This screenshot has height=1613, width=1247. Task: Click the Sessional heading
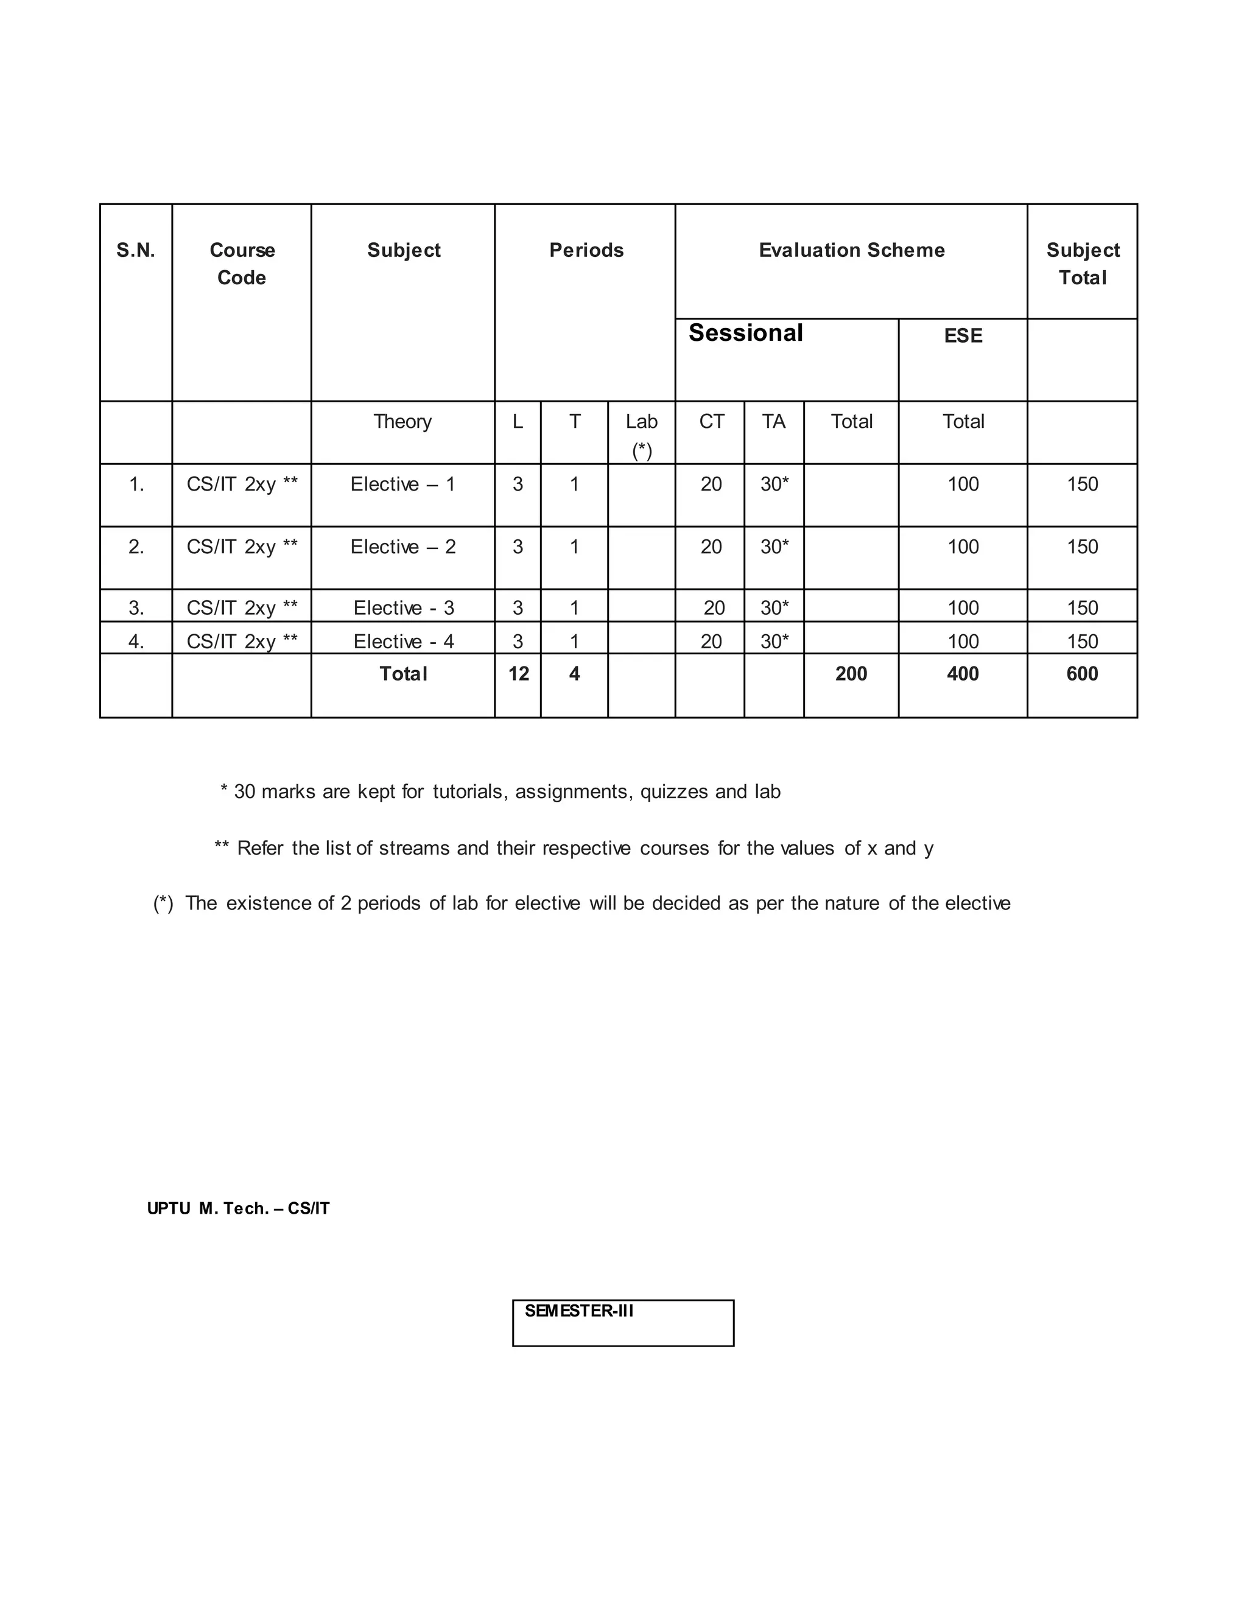(745, 333)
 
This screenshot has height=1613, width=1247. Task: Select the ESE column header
(963, 336)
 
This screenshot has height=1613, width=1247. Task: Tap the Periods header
(586, 250)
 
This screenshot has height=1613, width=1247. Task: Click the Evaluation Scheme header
(851, 250)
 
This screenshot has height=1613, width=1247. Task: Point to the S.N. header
(136, 250)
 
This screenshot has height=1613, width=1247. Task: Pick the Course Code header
(242, 264)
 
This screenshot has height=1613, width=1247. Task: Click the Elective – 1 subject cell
(402, 485)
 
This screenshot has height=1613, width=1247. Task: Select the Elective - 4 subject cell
(403, 641)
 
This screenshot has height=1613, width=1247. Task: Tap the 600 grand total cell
(1081, 674)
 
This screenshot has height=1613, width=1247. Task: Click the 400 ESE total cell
(963, 674)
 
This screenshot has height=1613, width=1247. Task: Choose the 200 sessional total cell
(851, 674)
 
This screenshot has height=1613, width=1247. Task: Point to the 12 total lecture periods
(518, 674)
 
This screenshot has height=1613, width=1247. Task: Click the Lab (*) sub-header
(641, 435)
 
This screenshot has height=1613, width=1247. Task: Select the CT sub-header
(711, 422)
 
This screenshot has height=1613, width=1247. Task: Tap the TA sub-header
(773, 422)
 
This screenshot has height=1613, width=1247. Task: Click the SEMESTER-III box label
(579, 1311)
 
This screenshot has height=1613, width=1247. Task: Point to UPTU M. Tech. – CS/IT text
(238, 1208)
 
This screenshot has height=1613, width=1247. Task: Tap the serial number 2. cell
(136, 547)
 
